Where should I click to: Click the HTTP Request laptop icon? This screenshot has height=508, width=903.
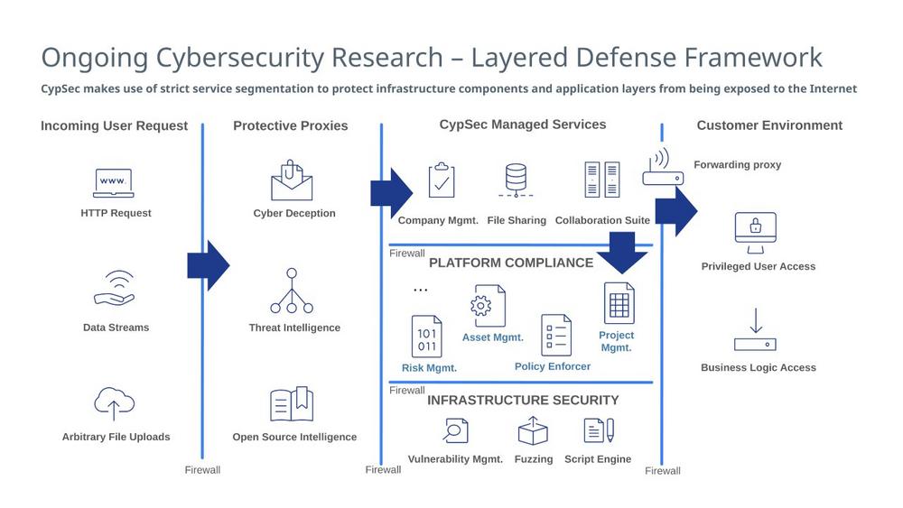click(x=114, y=183)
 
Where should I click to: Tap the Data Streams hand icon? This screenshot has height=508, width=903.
click(x=114, y=289)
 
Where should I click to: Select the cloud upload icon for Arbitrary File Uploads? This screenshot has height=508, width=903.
click(x=114, y=403)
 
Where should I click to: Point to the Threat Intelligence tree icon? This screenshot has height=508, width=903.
click(x=292, y=291)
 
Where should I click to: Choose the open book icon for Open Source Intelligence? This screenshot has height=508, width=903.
click(x=292, y=404)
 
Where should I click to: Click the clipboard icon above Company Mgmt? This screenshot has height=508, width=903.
click(x=441, y=180)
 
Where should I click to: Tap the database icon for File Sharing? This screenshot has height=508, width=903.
click(x=517, y=180)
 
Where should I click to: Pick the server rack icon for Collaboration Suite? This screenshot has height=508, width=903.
click(x=602, y=180)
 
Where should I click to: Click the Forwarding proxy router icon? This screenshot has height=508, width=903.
click(x=663, y=168)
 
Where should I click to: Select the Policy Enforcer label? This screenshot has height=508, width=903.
click(x=553, y=366)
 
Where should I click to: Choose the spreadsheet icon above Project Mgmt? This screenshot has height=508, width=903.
click(x=619, y=303)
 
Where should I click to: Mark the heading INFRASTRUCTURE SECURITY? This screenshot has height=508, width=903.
click(x=523, y=400)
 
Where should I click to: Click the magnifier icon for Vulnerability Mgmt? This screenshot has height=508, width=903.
click(x=455, y=430)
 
